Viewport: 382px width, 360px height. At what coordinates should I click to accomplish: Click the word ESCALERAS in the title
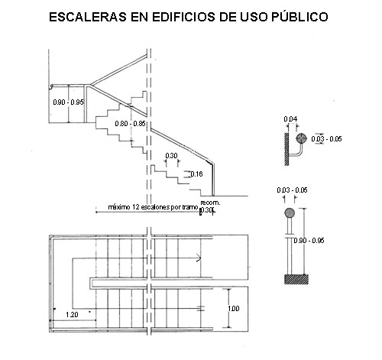click(x=88, y=17)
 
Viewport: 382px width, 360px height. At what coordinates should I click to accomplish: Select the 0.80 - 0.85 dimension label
click(x=130, y=124)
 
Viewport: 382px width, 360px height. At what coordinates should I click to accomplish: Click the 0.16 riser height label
click(x=196, y=174)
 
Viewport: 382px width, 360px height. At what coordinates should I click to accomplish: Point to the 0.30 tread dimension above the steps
click(x=171, y=156)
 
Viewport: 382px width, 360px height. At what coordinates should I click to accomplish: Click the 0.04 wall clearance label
click(x=290, y=119)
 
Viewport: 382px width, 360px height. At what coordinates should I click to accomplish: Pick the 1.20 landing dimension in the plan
click(x=72, y=315)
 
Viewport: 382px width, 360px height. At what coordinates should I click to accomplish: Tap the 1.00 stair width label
click(x=234, y=309)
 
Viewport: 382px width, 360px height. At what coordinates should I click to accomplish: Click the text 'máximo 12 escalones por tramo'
click(x=153, y=207)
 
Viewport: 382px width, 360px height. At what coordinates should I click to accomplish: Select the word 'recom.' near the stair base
click(x=210, y=203)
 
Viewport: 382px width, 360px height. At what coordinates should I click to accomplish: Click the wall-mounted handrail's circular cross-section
click(x=301, y=138)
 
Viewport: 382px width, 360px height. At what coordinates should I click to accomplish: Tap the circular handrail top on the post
click(x=290, y=213)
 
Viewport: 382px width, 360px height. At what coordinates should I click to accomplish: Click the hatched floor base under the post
click(x=296, y=280)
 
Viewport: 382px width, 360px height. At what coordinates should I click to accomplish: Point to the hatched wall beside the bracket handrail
click(x=286, y=149)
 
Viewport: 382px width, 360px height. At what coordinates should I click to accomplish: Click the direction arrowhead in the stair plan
click(x=199, y=258)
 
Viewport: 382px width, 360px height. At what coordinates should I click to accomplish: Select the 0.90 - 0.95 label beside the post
click(x=309, y=241)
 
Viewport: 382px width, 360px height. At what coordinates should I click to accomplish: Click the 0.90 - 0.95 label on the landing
click(x=69, y=102)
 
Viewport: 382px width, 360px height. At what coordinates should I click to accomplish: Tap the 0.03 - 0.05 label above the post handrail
click(x=292, y=190)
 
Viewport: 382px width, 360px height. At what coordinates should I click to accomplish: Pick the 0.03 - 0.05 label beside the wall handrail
click(x=326, y=139)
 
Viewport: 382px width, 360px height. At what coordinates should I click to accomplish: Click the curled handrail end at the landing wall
click(x=52, y=87)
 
